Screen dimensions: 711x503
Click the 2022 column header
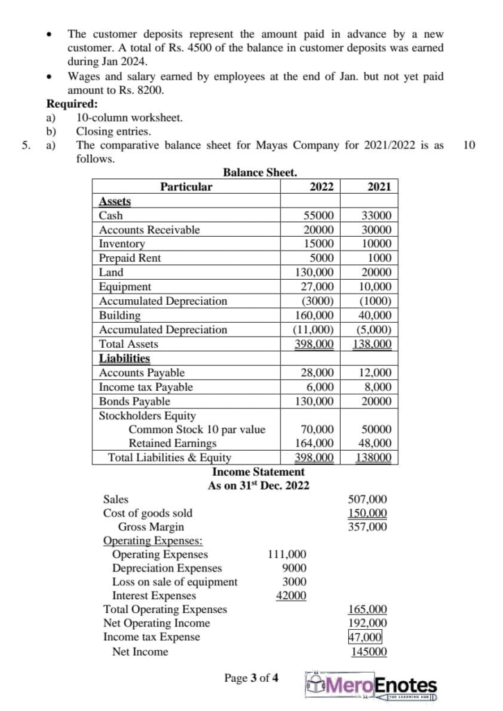pyautogui.click(x=320, y=186)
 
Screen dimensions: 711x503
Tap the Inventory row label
pyautogui.click(x=122, y=244)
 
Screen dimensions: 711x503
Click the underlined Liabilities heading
pyautogui.click(x=125, y=358)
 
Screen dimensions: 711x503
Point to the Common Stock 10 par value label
pyautogui.click(x=197, y=429)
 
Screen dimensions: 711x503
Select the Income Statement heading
pyautogui.click(x=258, y=471)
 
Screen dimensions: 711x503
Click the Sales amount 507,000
pyautogui.click(x=368, y=499)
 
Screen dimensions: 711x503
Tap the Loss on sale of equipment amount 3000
pyautogui.click(x=295, y=582)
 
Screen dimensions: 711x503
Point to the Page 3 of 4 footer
pyautogui.click(x=250, y=678)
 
